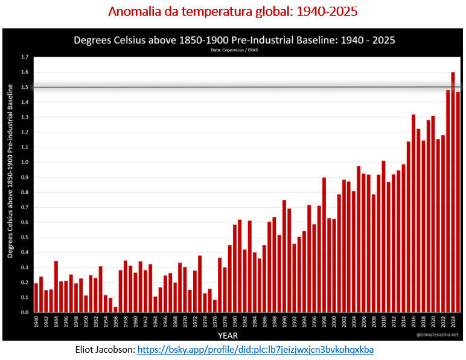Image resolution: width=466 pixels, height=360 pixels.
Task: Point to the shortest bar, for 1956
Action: [x=115, y=309]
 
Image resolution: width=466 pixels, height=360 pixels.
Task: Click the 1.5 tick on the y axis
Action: [x=25, y=87]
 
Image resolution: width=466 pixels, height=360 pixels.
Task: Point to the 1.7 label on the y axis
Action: [x=25, y=57]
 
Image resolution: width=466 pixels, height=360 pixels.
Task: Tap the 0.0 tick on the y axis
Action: [x=25, y=312]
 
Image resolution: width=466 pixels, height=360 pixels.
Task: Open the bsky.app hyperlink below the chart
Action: [x=255, y=349]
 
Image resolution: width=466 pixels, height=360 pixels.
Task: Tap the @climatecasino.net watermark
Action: [x=438, y=334]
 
